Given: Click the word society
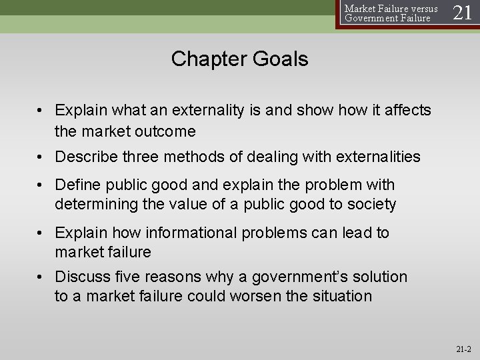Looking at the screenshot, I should tap(373, 203).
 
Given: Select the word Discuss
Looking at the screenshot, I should tap(83, 277).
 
